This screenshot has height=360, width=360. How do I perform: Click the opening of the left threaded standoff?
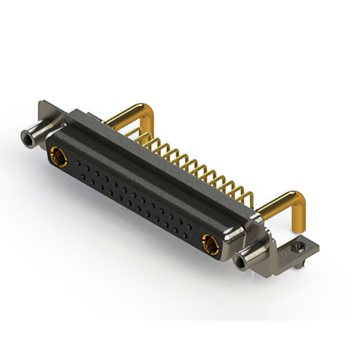point(26,137)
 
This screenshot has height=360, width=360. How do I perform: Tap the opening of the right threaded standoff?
point(242,262)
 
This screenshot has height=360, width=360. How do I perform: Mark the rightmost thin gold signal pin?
point(249,197)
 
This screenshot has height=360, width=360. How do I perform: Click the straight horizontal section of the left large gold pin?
point(124,115)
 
